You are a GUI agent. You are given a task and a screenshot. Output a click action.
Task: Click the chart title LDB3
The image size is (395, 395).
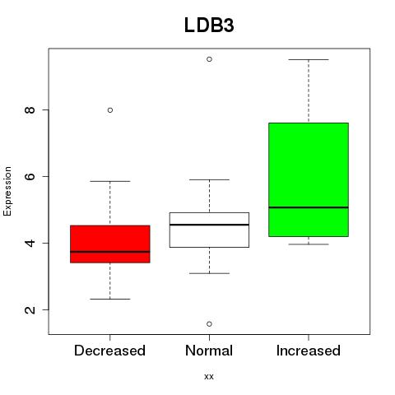pos(209,26)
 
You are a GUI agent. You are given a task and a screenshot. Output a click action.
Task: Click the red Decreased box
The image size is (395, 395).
pos(110,244)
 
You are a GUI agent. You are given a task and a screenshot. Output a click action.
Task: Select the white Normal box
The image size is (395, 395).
pos(209,230)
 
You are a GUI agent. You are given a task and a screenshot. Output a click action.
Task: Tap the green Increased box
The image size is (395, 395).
pos(309,179)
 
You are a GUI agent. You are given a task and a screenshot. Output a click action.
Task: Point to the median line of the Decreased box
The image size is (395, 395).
pos(110,252)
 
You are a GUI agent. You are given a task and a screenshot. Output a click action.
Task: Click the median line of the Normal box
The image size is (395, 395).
pos(209,225)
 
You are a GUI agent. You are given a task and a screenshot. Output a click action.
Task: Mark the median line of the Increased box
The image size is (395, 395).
pos(309,207)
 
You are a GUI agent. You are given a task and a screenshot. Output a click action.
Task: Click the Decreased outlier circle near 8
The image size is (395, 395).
pos(110,110)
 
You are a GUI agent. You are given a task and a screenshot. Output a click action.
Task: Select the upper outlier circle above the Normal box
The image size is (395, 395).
pos(209,59)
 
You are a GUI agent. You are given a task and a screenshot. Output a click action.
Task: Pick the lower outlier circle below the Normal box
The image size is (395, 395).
pos(209,324)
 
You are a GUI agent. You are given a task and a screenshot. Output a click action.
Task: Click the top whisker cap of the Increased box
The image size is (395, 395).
pos(309,59)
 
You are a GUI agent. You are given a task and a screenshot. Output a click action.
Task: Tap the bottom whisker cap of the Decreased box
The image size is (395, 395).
pos(110,299)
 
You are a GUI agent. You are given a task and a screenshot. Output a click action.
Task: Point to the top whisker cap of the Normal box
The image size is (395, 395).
pos(209,179)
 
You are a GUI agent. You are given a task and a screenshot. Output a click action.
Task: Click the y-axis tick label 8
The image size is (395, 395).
pos(30,110)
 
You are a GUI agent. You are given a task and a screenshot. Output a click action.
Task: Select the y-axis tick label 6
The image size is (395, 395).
pos(30,176)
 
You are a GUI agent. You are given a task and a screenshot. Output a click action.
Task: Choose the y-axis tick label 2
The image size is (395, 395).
pos(30,309)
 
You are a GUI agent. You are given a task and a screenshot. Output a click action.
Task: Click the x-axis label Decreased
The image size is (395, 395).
pos(109,351)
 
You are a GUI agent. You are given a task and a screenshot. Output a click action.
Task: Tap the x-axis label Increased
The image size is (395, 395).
pos(309,351)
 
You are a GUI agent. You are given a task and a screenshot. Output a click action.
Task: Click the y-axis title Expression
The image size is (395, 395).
pos(7,191)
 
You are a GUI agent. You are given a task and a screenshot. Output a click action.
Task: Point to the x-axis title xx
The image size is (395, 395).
pos(209,377)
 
